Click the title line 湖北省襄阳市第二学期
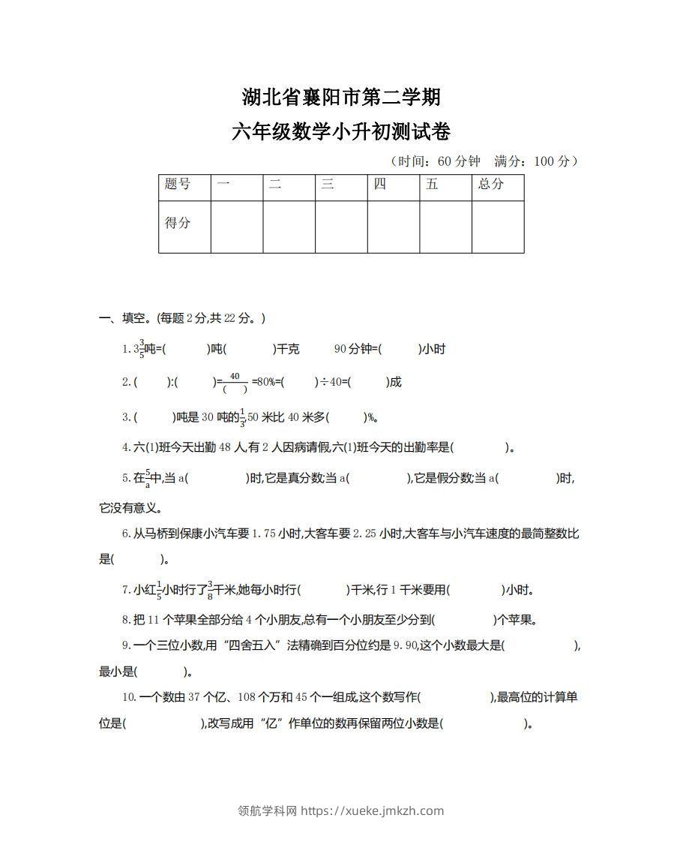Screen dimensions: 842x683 point(341,98)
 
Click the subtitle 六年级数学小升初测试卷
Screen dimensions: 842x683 point(341,133)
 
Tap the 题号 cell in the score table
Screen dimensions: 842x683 point(178,185)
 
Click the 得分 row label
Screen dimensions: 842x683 point(178,223)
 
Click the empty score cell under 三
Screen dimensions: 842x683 point(341,226)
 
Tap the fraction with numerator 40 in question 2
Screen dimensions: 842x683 point(235,382)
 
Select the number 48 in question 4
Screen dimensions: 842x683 point(224,448)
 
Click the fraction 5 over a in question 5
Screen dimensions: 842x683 point(148,479)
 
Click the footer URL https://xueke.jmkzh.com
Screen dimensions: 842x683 point(372,810)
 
